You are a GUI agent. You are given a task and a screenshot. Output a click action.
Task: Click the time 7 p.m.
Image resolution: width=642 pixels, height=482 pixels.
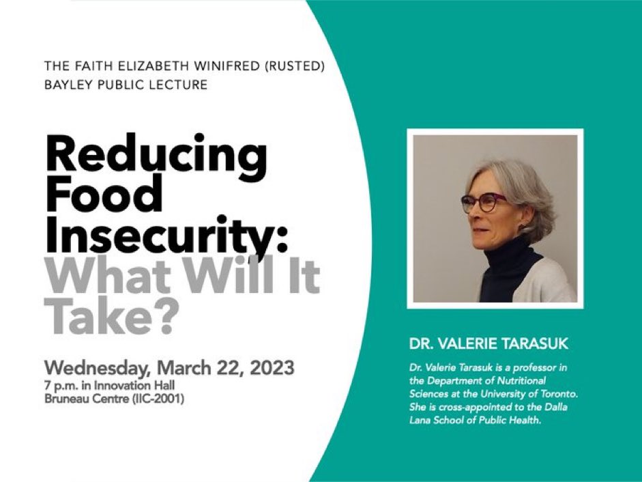[x=62, y=386]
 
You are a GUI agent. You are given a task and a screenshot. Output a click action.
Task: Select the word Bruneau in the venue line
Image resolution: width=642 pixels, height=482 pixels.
[x=65, y=398]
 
